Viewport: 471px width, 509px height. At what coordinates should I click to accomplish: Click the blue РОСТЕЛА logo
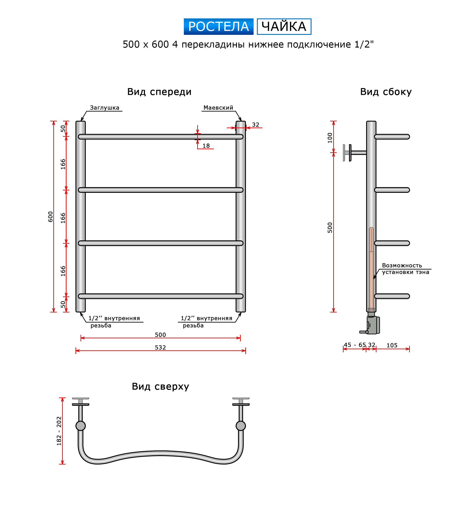218,27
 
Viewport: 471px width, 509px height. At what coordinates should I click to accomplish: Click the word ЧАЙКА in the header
284,27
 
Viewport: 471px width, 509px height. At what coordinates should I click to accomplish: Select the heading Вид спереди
159,92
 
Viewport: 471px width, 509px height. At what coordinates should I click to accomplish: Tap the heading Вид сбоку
386,92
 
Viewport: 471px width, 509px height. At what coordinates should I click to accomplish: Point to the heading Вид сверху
160,386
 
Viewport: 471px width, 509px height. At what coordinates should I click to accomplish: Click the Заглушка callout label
104,108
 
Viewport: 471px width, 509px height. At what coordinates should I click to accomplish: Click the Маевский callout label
218,108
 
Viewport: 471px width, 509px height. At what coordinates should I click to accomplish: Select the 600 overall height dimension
50,216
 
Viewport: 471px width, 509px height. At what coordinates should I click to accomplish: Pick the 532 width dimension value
160,347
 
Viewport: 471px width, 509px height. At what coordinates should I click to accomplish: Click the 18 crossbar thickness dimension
206,145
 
